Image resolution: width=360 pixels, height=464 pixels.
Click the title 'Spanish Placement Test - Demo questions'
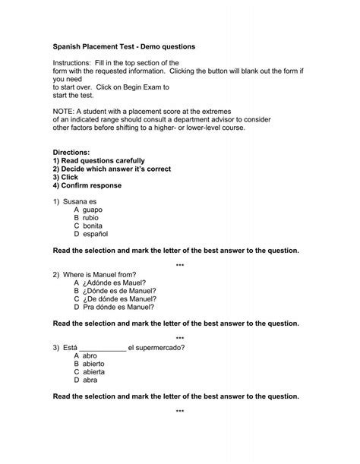click(x=123, y=46)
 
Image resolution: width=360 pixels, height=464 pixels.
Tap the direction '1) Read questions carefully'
click(x=100, y=160)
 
